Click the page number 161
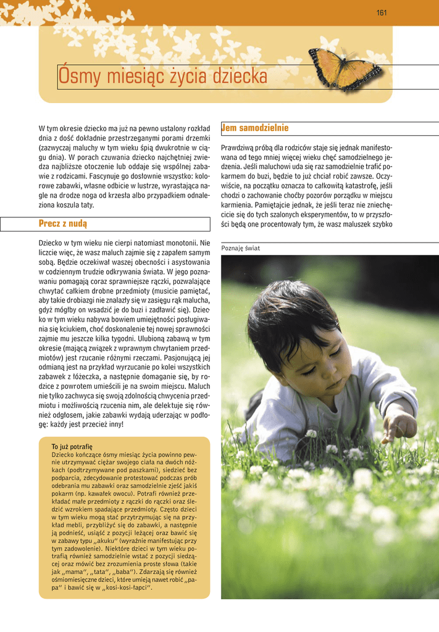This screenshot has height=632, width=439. tap(381, 13)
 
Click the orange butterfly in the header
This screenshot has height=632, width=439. tap(343, 68)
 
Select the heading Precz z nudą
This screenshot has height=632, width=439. tap(63, 223)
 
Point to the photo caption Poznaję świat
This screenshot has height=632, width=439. tap(240, 248)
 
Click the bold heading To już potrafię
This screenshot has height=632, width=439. tap(72, 446)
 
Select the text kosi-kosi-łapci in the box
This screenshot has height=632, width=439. tap(128, 588)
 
